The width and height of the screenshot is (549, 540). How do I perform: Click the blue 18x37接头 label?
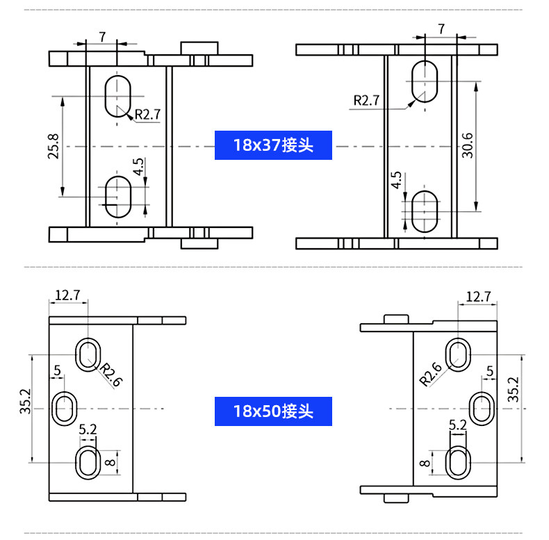[x=273, y=145]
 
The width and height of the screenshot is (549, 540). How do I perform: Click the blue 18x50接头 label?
[x=273, y=411]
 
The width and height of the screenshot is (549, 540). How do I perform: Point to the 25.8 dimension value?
[x=54, y=147]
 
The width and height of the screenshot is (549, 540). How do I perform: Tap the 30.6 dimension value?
[x=467, y=145]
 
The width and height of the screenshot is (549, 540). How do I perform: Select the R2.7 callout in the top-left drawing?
[x=147, y=114]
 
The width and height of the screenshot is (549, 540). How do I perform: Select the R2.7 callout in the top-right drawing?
[x=366, y=101]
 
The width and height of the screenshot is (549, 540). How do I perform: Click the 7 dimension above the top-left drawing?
[x=102, y=37]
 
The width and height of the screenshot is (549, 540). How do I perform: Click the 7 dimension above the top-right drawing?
[x=441, y=28]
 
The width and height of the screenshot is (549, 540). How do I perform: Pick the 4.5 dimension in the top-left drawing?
[x=138, y=167]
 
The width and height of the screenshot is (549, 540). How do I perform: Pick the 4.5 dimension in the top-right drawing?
[x=396, y=180]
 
